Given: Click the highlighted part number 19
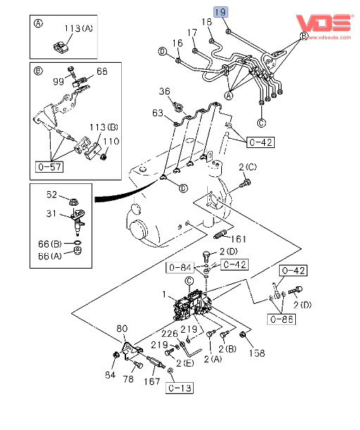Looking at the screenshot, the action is [x=221, y=13].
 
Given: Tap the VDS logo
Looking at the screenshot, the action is [x=323, y=23].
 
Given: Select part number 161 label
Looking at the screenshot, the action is [x=238, y=239].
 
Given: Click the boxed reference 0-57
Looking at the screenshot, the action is [x=49, y=167].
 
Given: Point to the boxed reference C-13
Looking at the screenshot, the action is [x=180, y=388].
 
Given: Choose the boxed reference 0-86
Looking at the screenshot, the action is [x=281, y=319].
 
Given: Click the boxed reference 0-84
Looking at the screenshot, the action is [x=180, y=267].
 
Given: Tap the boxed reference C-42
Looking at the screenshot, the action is [x=235, y=264].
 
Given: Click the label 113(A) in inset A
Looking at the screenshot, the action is [x=79, y=28].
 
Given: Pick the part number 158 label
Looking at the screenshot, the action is [x=257, y=353].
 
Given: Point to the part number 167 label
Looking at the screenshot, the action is [x=152, y=381].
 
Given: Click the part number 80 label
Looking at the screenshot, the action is [x=122, y=328].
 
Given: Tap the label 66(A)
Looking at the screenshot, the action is [x=50, y=256].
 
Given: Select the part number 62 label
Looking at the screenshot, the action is [x=51, y=195].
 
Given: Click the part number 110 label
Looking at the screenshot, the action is [x=111, y=142].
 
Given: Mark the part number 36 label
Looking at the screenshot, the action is [x=164, y=92].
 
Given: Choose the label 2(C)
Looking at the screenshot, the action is [x=248, y=167].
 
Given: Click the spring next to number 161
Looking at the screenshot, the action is [x=221, y=235].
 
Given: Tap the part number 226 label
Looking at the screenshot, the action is [x=170, y=333].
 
